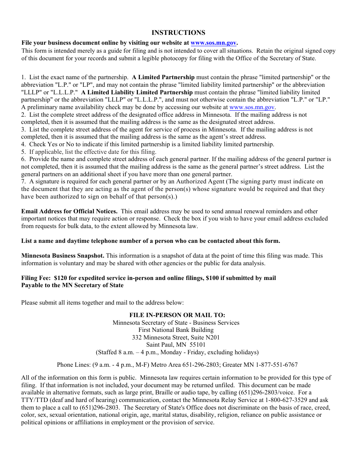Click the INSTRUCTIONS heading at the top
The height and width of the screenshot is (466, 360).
pos(178,33)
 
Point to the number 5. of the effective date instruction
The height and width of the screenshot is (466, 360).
pos(23,152)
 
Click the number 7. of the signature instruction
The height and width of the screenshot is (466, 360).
pos(23,181)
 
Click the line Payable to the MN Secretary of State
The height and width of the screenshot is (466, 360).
pos(72,285)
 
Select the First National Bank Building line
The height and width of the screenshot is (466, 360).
pos(176,330)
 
